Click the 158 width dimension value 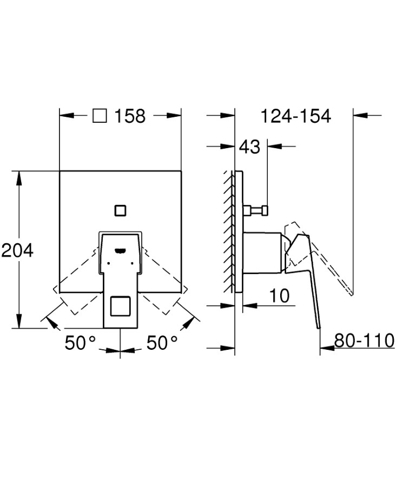[130, 116]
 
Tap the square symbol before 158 [100, 116]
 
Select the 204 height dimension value [17, 250]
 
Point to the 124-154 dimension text [295, 116]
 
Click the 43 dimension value [249, 147]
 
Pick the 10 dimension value [280, 296]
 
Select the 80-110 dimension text [364, 341]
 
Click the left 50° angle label [80, 343]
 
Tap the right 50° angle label [162, 343]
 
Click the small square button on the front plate [120, 210]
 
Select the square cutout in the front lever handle [120, 306]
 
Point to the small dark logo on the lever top [120, 250]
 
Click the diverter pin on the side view [256, 210]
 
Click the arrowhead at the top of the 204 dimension [20, 176]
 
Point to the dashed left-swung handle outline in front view [76, 284]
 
